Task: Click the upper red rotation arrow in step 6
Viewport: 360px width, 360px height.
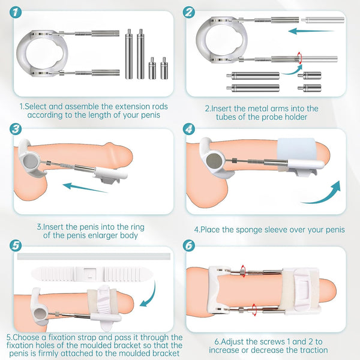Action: tap(243, 268)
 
